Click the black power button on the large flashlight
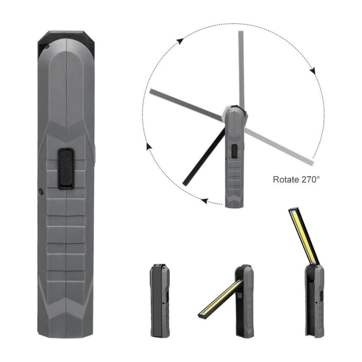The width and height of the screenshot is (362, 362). click(x=66, y=168)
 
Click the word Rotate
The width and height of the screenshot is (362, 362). click(x=286, y=179)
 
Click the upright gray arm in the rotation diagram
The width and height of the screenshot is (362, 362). click(x=242, y=68)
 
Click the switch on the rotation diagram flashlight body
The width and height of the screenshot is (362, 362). click(x=234, y=151)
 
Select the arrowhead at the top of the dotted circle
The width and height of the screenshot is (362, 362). click(x=180, y=41)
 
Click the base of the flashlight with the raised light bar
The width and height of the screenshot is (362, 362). click(x=314, y=301)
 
